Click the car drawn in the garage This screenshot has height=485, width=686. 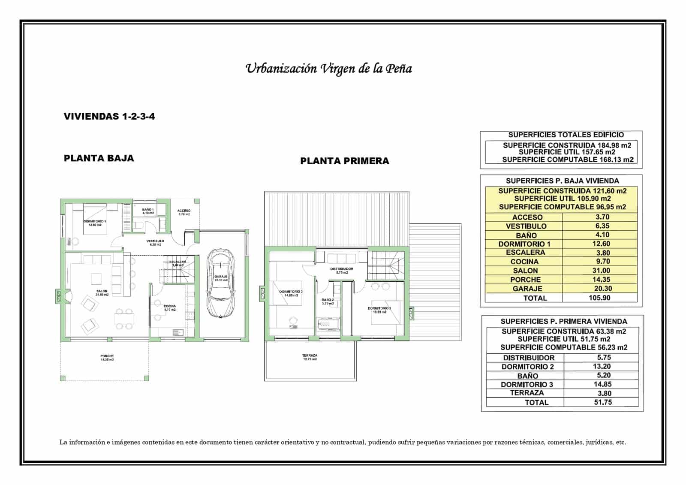220,284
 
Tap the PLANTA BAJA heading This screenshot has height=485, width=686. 99,158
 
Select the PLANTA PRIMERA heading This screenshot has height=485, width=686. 345,161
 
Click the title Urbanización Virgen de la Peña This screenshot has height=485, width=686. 328,69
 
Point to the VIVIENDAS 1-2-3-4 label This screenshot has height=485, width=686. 109,117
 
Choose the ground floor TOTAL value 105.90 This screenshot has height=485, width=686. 599,298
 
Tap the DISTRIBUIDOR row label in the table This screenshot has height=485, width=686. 528,358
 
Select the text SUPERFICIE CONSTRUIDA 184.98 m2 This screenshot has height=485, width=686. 567,145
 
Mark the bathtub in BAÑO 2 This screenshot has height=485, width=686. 328,324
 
